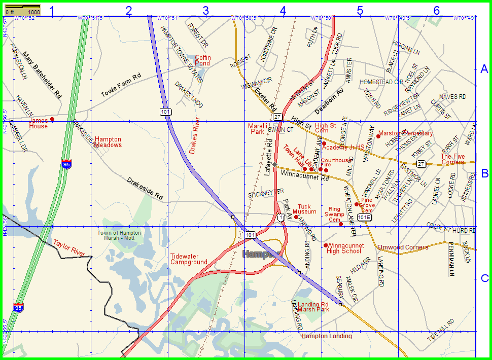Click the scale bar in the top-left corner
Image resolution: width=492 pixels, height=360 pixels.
(x=22, y=9)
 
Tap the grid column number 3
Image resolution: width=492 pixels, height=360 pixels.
(x=205, y=10)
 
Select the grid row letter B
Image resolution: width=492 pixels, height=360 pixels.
(x=484, y=173)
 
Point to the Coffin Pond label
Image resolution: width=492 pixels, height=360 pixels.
(x=202, y=60)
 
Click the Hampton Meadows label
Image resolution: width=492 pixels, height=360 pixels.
(x=109, y=142)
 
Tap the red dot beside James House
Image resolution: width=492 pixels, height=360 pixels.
(x=52, y=120)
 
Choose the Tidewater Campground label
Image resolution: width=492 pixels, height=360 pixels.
(x=189, y=259)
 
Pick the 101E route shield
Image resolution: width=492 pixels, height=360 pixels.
(x=364, y=217)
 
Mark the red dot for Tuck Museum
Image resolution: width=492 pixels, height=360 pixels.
(x=296, y=217)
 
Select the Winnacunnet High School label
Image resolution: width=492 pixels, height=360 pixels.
(x=345, y=248)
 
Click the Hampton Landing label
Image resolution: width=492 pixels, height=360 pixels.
(x=327, y=336)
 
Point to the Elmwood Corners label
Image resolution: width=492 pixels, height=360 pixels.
(x=403, y=247)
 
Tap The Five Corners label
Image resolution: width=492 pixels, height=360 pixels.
(x=452, y=159)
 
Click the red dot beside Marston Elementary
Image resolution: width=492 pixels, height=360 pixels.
(x=378, y=136)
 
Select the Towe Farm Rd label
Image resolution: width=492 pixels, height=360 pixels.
(x=120, y=85)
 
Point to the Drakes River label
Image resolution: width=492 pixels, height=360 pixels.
(x=195, y=135)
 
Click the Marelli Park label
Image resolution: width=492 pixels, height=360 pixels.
(x=257, y=128)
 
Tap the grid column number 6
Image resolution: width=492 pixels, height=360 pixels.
(x=437, y=10)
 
